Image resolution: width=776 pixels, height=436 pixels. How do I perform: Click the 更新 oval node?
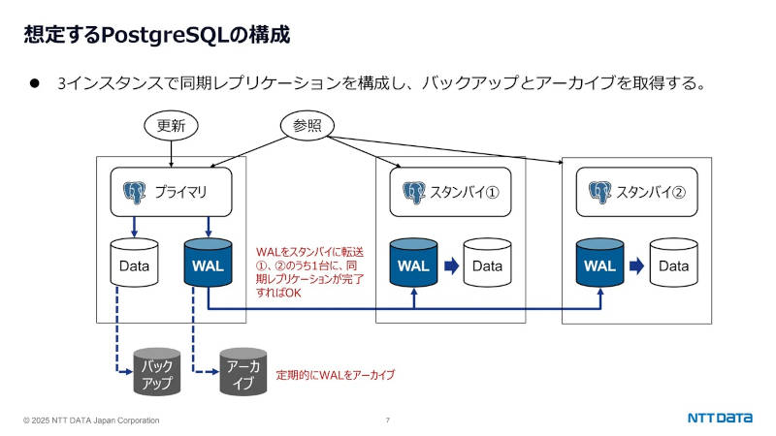(x=171, y=125)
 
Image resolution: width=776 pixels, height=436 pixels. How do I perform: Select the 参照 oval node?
(x=307, y=125)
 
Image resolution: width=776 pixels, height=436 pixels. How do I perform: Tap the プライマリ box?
(x=171, y=192)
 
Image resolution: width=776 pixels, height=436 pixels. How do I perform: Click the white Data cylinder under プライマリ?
(x=134, y=264)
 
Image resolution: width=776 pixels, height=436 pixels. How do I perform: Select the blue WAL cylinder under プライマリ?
(x=208, y=264)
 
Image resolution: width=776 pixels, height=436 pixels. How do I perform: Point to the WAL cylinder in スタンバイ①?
(x=413, y=264)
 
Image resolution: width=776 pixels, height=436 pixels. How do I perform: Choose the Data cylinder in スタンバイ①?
(x=487, y=264)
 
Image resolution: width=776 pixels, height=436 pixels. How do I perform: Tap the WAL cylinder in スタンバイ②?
(x=599, y=264)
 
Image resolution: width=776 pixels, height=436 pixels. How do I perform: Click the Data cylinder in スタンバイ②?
(x=674, y=264)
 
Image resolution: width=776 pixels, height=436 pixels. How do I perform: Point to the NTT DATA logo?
(x=720, y=419)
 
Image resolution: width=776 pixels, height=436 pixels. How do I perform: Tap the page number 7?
(x=388, y=420)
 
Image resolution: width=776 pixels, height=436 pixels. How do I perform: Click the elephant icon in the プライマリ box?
(x=134, y=192)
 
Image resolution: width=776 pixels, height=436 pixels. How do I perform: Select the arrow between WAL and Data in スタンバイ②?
(x=637, y=265)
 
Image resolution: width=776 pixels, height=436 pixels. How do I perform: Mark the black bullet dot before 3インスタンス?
(x=32, y=83)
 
